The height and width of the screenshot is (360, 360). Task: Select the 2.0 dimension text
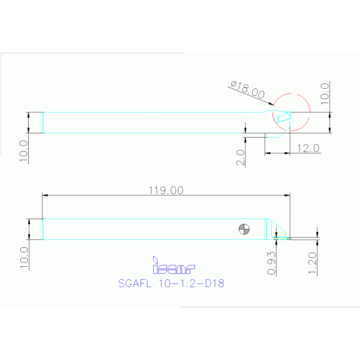coord(240,158)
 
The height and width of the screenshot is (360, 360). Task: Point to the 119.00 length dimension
coord(166,190)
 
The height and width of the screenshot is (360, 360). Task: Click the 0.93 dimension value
coord(271,265)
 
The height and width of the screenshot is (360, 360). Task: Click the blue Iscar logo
coord(174,266)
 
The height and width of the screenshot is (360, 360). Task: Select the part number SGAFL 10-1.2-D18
coord(171,283)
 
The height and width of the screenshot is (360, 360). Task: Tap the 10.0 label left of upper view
coord(24,150)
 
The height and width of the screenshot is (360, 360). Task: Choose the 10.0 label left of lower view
coord(24,258)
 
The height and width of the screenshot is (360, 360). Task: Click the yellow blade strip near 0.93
coord(282,238)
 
